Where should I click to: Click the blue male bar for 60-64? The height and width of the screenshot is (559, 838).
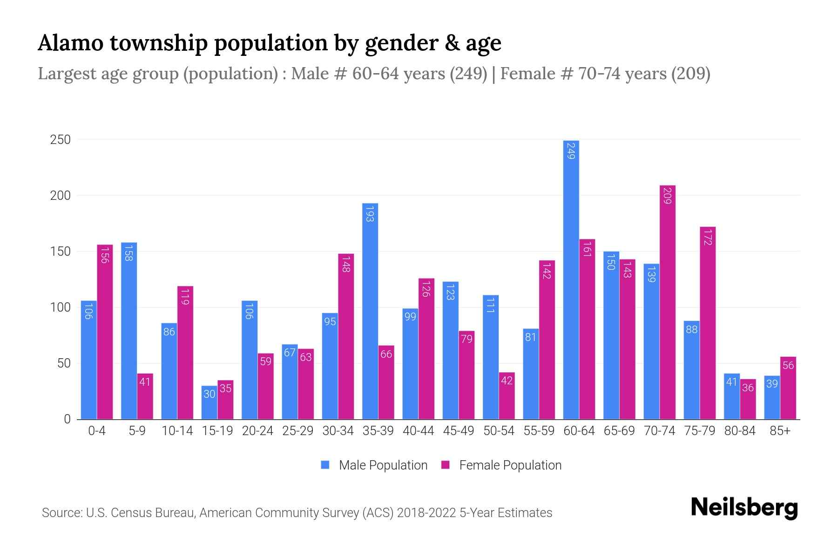[571, 279]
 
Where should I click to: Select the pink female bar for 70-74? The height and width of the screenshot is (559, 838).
[667, 303]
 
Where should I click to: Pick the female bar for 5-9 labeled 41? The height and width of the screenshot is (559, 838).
[145, 396]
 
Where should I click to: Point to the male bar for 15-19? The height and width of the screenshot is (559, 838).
[209, 402]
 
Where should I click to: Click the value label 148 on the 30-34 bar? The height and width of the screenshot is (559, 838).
[346, 264]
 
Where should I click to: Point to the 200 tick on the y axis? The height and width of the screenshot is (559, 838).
[60, 196]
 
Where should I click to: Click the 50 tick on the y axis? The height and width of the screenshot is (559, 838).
[63, 363]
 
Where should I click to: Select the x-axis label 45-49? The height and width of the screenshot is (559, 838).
[458, 431]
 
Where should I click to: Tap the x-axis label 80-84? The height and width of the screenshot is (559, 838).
[739, 431]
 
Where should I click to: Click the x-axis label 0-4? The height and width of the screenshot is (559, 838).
[97, 431]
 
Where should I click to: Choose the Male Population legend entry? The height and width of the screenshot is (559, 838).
[383, 465]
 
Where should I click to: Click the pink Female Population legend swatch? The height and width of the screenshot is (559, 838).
[446, 465]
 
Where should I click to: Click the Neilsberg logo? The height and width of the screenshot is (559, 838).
[744, 508]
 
